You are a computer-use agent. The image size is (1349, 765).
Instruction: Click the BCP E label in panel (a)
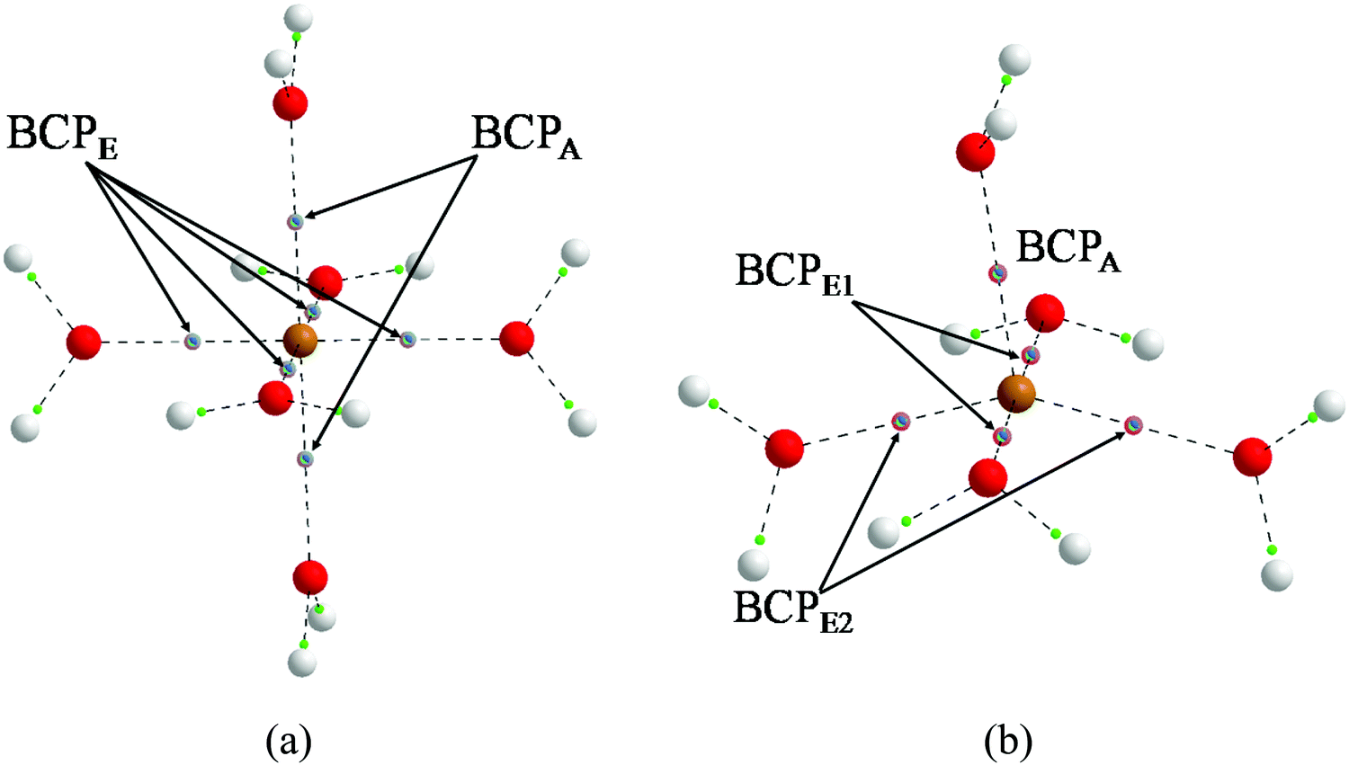coord(63,138)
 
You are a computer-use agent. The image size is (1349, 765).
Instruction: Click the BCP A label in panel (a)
coord(527,138)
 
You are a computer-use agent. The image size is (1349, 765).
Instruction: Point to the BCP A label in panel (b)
coord(1068,251)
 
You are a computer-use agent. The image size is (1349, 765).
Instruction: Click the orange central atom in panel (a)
coord(299,340)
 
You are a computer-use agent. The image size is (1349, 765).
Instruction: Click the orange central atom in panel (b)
coord(1016,394)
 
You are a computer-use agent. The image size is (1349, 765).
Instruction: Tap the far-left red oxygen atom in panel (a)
coord(84,342)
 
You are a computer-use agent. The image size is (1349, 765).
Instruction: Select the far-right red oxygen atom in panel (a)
coord(517,338)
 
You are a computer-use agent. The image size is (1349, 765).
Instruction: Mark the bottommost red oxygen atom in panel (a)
coord(310,577)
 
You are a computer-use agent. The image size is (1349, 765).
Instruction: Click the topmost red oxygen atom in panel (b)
coord(975,152)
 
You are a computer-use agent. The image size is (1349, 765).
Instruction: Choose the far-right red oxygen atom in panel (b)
coord(1252,458)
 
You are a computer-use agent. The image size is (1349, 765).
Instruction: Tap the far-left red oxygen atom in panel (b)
coord(784,449)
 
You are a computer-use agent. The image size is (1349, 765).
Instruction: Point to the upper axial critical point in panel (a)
coord(294,221)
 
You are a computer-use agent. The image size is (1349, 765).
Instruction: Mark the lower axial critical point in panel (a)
coord(306,459)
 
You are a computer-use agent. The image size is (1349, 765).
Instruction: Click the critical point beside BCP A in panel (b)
coord(998,274)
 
